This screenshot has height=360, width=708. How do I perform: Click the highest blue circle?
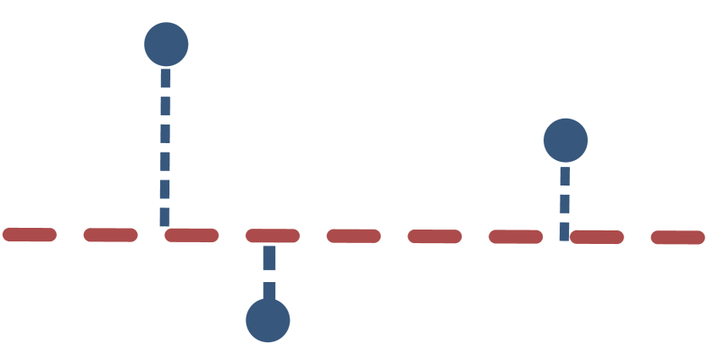[166, 44]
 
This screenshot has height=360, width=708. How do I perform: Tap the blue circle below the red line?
[268, 320]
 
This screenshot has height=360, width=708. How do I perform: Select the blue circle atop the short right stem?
[565, 141]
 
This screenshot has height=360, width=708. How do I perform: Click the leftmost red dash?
[30, 235]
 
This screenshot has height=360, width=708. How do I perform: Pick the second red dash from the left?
[111, 235]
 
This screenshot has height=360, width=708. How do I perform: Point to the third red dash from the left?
[191, 235]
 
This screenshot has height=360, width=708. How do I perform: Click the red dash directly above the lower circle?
[273, 235]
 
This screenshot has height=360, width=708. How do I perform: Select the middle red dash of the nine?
[354, 235]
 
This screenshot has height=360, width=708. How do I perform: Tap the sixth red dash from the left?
[434, 236]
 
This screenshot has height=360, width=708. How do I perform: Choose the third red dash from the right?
[516, 236]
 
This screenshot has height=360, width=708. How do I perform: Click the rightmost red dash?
[678, 237]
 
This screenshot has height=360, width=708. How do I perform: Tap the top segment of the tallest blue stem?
[165, 78]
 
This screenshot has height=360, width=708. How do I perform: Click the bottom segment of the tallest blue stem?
[164, 216]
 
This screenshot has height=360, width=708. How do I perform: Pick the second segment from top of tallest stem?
[165, 105]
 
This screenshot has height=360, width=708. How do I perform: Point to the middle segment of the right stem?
[565, 203]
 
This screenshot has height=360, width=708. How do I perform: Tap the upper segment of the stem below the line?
[269, 258]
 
